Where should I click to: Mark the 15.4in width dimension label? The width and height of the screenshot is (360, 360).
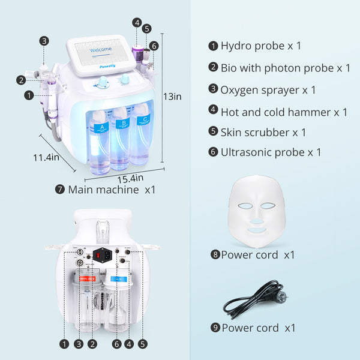[130, 178]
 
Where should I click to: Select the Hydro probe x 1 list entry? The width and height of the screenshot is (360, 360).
[260, 46]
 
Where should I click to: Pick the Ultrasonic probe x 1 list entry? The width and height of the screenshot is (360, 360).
[271, 152]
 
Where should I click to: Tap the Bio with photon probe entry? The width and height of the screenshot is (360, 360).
[285, 68]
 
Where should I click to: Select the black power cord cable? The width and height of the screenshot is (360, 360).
[257, 300]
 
